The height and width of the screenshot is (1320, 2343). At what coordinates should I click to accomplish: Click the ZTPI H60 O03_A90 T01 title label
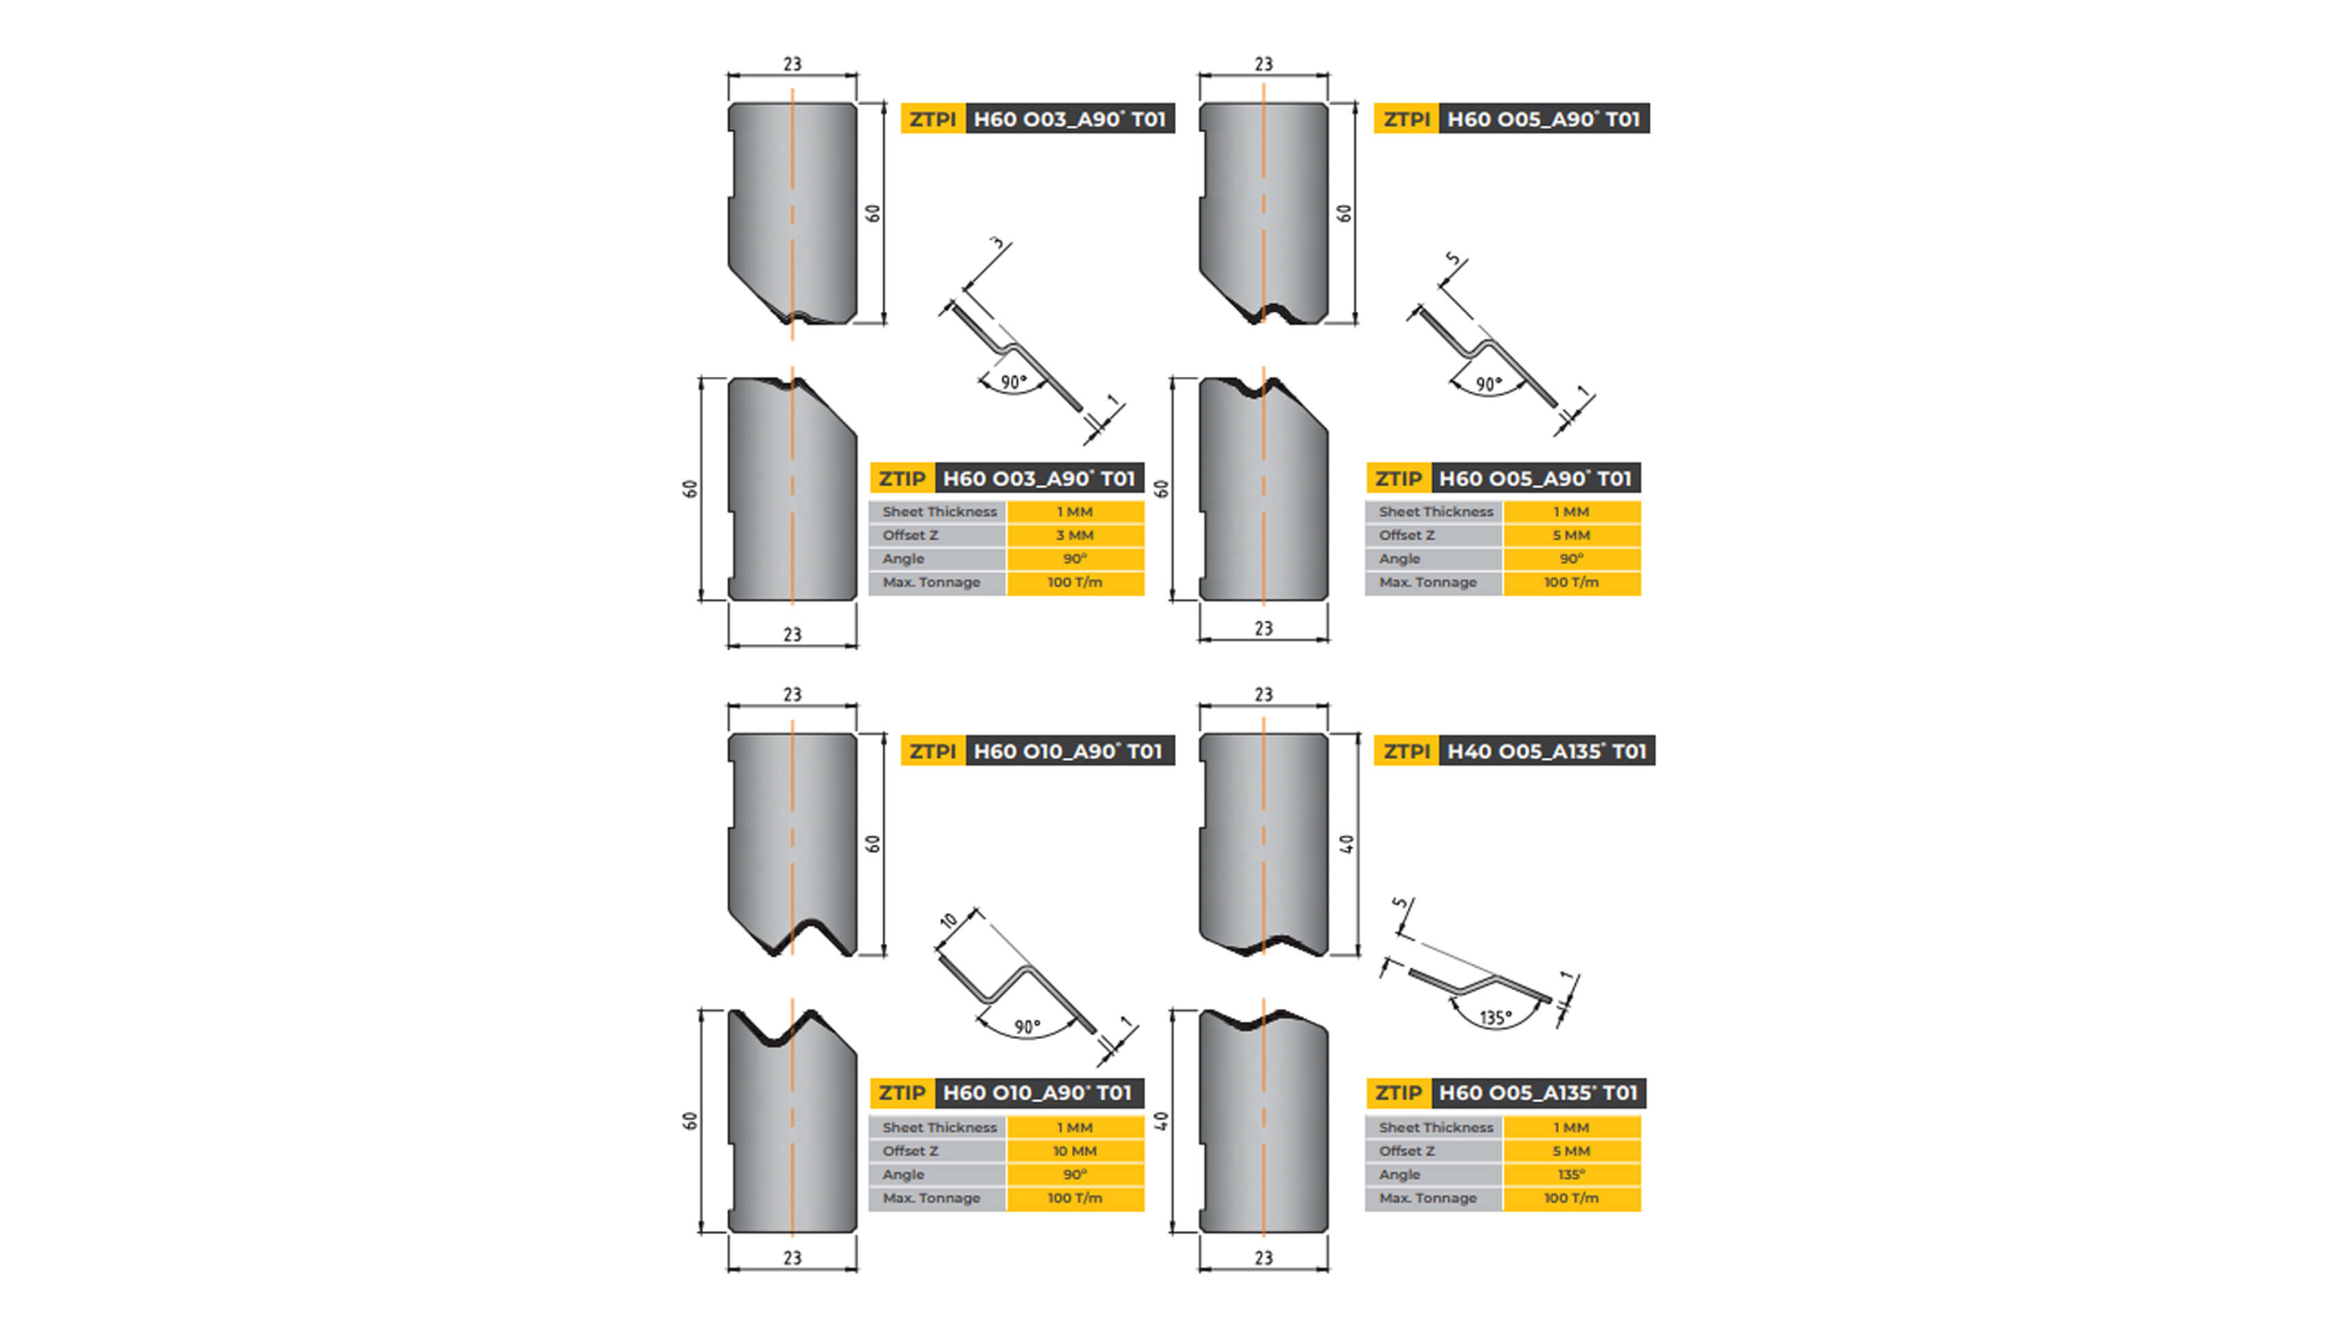[x=1037, y=119]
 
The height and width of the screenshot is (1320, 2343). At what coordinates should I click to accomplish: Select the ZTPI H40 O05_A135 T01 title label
[x=1513, y=751]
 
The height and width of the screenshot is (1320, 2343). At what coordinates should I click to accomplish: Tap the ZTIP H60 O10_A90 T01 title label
[x=1006, y=1092]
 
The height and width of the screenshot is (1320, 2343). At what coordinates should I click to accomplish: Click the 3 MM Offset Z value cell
[x=1074, y=536]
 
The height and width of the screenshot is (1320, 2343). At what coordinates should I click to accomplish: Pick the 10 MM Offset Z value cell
[x=1074, y=1151]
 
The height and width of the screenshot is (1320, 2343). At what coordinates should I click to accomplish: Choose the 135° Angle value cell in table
[x=1570, y=1174]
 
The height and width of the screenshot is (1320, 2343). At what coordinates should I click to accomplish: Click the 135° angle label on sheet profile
[x=1496, y=1017]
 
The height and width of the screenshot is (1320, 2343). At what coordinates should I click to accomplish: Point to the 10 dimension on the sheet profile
[x=948, y=921]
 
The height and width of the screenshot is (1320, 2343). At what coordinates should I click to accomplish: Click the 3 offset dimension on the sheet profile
[x=998, y=244]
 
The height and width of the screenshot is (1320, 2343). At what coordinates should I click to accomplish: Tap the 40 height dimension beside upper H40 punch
[x=1347, y=844]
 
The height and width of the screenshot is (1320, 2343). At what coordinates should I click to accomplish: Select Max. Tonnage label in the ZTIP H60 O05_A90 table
[x=1428, y=582]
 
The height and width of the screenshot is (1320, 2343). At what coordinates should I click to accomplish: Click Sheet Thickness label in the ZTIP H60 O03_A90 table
[x=939, y=512]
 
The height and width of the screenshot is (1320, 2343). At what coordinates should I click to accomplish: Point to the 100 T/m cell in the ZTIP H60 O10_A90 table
[x=1074, y=1198]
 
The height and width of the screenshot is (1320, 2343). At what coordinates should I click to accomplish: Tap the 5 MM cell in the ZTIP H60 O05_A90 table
[x=1570, y=536]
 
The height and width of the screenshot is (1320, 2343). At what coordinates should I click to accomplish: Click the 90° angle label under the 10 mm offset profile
[x=1027, y=1027]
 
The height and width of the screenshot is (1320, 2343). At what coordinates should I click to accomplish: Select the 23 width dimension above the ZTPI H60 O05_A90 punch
[x=1263, y=65]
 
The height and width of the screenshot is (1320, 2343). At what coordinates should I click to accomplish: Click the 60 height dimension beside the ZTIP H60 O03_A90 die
[x=690, y=489]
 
